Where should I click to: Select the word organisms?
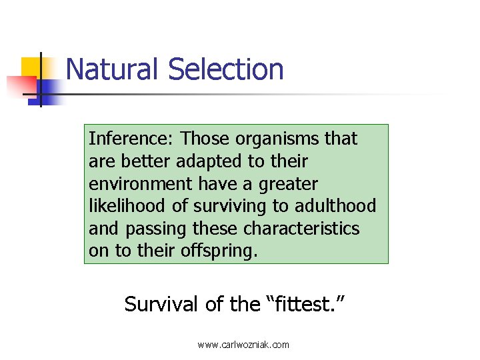[276, 139]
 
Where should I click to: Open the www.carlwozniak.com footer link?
[243, 345]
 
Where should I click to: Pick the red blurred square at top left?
[20, 86]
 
